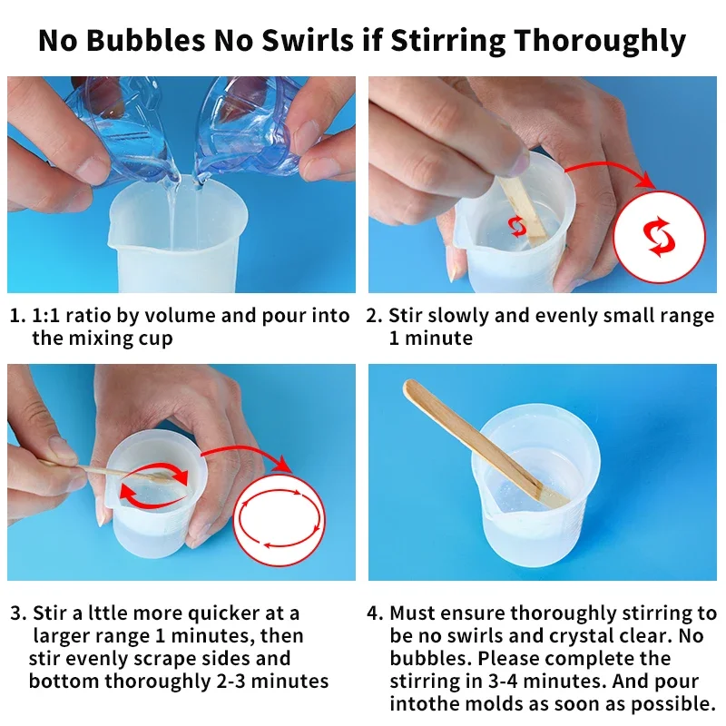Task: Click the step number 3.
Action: click(17, 613)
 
